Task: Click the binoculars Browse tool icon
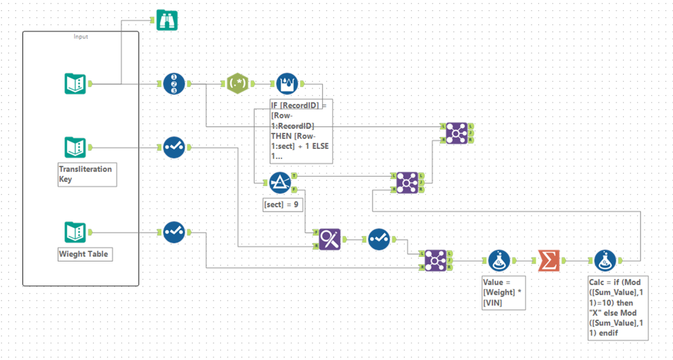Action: [166, 20]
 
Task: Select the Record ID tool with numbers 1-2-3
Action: [174, 84]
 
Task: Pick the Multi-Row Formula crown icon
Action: [287, 84]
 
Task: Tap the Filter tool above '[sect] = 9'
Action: [280, 182]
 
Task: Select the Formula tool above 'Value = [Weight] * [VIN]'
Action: [499, 260]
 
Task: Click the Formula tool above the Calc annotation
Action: [605, 260]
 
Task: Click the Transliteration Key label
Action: [86, 174]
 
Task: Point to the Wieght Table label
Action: [84, 255]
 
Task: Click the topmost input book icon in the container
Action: [75, 84]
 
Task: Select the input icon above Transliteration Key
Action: [75, 147]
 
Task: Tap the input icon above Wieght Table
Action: [75, 232]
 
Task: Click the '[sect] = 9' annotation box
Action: [282, 205]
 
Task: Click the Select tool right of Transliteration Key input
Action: [174, 147]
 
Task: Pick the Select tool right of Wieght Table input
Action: [174, 232]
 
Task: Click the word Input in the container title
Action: [81, 36]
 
